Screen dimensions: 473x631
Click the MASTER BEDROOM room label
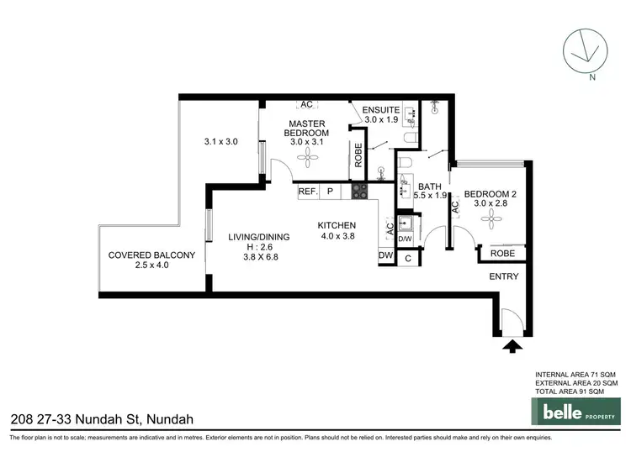click(305, 128)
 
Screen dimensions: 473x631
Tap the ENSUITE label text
click(381, 110)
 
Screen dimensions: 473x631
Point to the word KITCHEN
click(337, 225)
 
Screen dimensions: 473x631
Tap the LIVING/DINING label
click(259, 237)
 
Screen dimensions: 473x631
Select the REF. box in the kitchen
click(308, 192)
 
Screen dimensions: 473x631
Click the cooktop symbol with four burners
click(360, 192)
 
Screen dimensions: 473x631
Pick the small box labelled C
click(408, 259)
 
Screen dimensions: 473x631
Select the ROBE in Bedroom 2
click(502, 253)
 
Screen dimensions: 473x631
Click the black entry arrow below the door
click(511, 344)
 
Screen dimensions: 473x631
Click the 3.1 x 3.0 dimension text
click(220, 142)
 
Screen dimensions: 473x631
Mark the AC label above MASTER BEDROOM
click(305, 105)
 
